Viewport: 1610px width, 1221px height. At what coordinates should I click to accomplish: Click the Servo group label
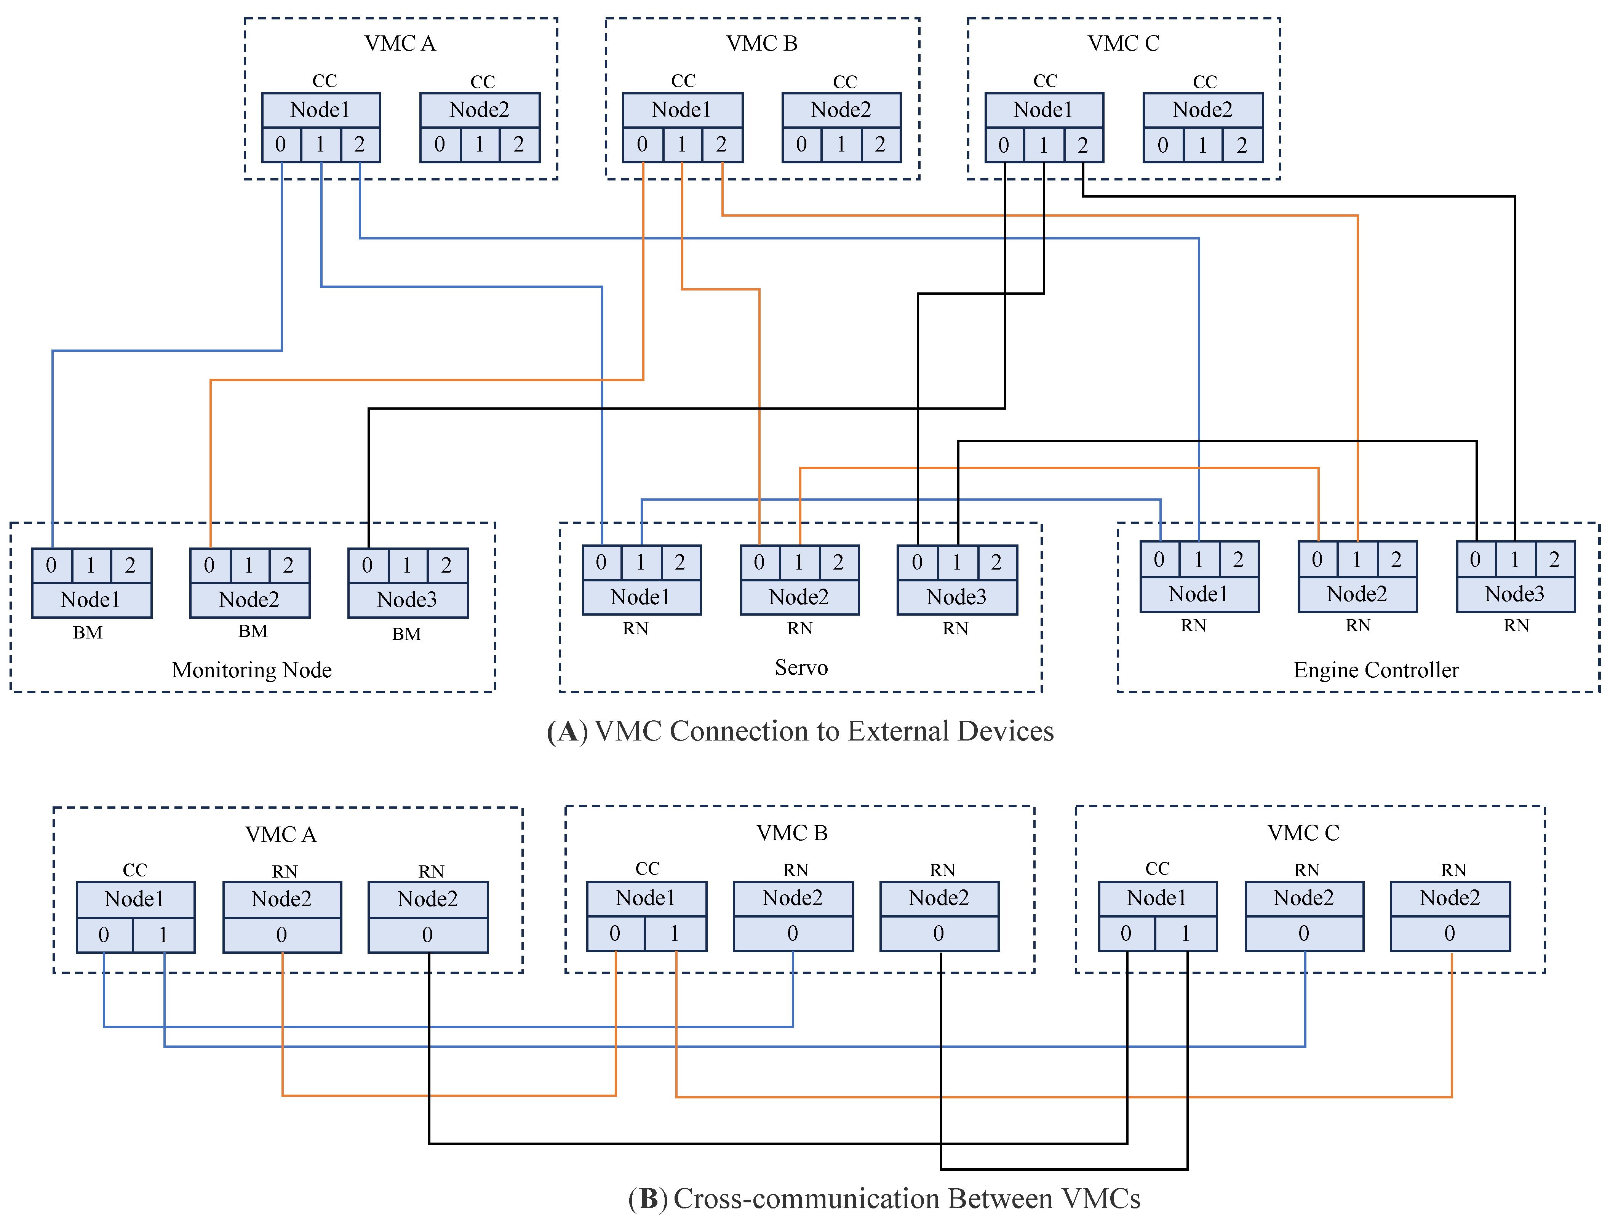pos(801,667)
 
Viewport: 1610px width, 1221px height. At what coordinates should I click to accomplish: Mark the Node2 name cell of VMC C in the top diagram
pos(1202,110)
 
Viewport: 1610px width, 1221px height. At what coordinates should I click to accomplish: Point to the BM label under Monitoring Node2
pos(253,631)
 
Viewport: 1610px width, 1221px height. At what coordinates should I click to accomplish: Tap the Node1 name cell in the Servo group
pos(641,597)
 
